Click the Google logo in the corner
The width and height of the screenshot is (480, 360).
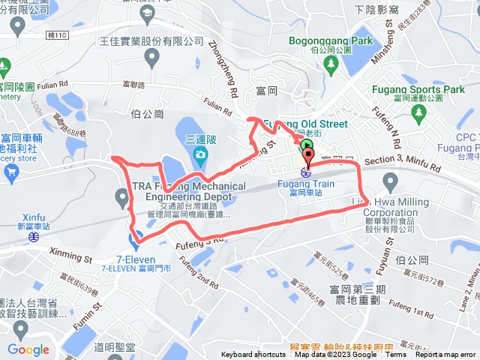pos(28,349)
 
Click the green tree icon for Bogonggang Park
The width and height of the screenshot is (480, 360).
pos(331,64)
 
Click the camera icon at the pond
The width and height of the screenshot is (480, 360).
pos(199,155)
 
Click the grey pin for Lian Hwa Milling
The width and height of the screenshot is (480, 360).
pos(390,181)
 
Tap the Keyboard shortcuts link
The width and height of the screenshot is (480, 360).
pos(253,355)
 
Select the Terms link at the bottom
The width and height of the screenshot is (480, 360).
pos(395,355)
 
